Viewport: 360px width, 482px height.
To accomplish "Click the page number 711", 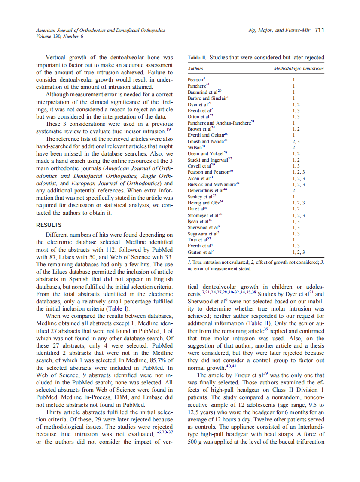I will click(x=319, y=30).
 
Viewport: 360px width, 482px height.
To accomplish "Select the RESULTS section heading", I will click(x=49, y=225).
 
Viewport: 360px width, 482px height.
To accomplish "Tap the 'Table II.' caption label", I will click(x=198, y=58).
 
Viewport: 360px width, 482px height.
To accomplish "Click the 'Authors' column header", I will click(x=195, y=68).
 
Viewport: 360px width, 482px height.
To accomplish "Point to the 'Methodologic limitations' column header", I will click(x=299, y=68).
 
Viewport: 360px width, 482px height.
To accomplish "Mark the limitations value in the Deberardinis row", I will click(x=294, y=190).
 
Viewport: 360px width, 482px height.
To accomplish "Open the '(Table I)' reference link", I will click(x=117, y=308).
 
